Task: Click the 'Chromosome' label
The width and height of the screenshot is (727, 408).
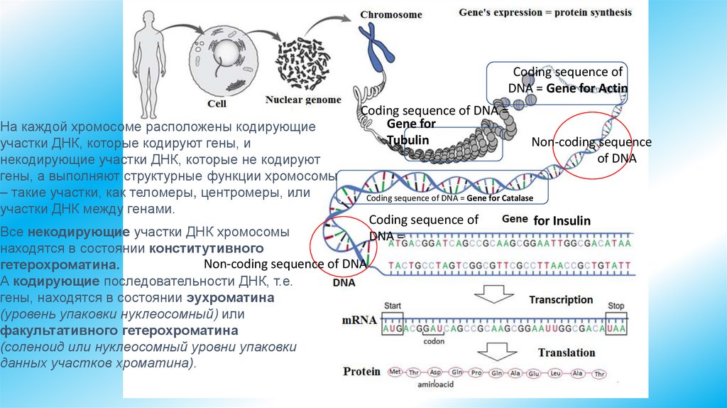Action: tap(390, 14)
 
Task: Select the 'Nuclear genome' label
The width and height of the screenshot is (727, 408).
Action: tap(303, 100)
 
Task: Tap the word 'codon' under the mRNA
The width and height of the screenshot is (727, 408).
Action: tap(434, 340)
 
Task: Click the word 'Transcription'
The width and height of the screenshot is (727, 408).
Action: tap(561, 300)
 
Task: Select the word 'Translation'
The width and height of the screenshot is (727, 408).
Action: tap(567, 353)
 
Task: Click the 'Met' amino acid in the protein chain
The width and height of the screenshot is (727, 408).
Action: tap(395, 372)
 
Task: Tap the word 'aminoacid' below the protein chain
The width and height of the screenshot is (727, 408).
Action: tap(435, 385)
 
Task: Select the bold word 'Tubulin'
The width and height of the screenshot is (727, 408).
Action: tap(408, 140)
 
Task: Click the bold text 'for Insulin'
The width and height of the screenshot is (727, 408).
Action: tap(562, 221)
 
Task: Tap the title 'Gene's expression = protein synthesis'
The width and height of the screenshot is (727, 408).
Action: tap(545, 12)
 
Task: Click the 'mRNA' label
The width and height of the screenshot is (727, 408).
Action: tap(359, 320)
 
